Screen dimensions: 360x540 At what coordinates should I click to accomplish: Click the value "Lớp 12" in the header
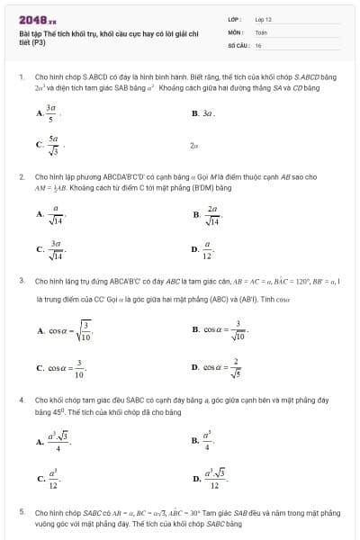coord(263,18)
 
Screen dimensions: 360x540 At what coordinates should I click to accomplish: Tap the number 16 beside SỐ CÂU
coord(258,44)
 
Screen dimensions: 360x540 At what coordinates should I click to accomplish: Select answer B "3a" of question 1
coord(202,114)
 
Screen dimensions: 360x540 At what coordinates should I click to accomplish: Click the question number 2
coord(21,177)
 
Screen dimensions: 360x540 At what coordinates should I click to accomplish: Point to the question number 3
coord(21,281)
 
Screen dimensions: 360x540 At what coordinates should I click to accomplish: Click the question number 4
coord(21,399)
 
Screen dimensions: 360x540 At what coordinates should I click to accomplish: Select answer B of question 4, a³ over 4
coord(202,441)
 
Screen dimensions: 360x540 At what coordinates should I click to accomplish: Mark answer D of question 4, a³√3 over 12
coord(206,478)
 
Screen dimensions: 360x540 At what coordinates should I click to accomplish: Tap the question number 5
coord(21,511)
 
